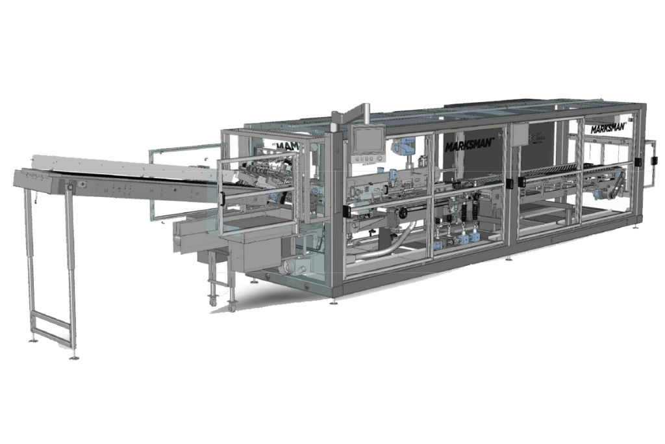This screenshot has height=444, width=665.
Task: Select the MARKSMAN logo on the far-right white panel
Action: click(608, 128)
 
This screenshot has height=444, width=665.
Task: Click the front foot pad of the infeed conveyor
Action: click(74, 356)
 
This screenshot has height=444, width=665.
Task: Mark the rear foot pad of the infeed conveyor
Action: click(32, 340)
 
